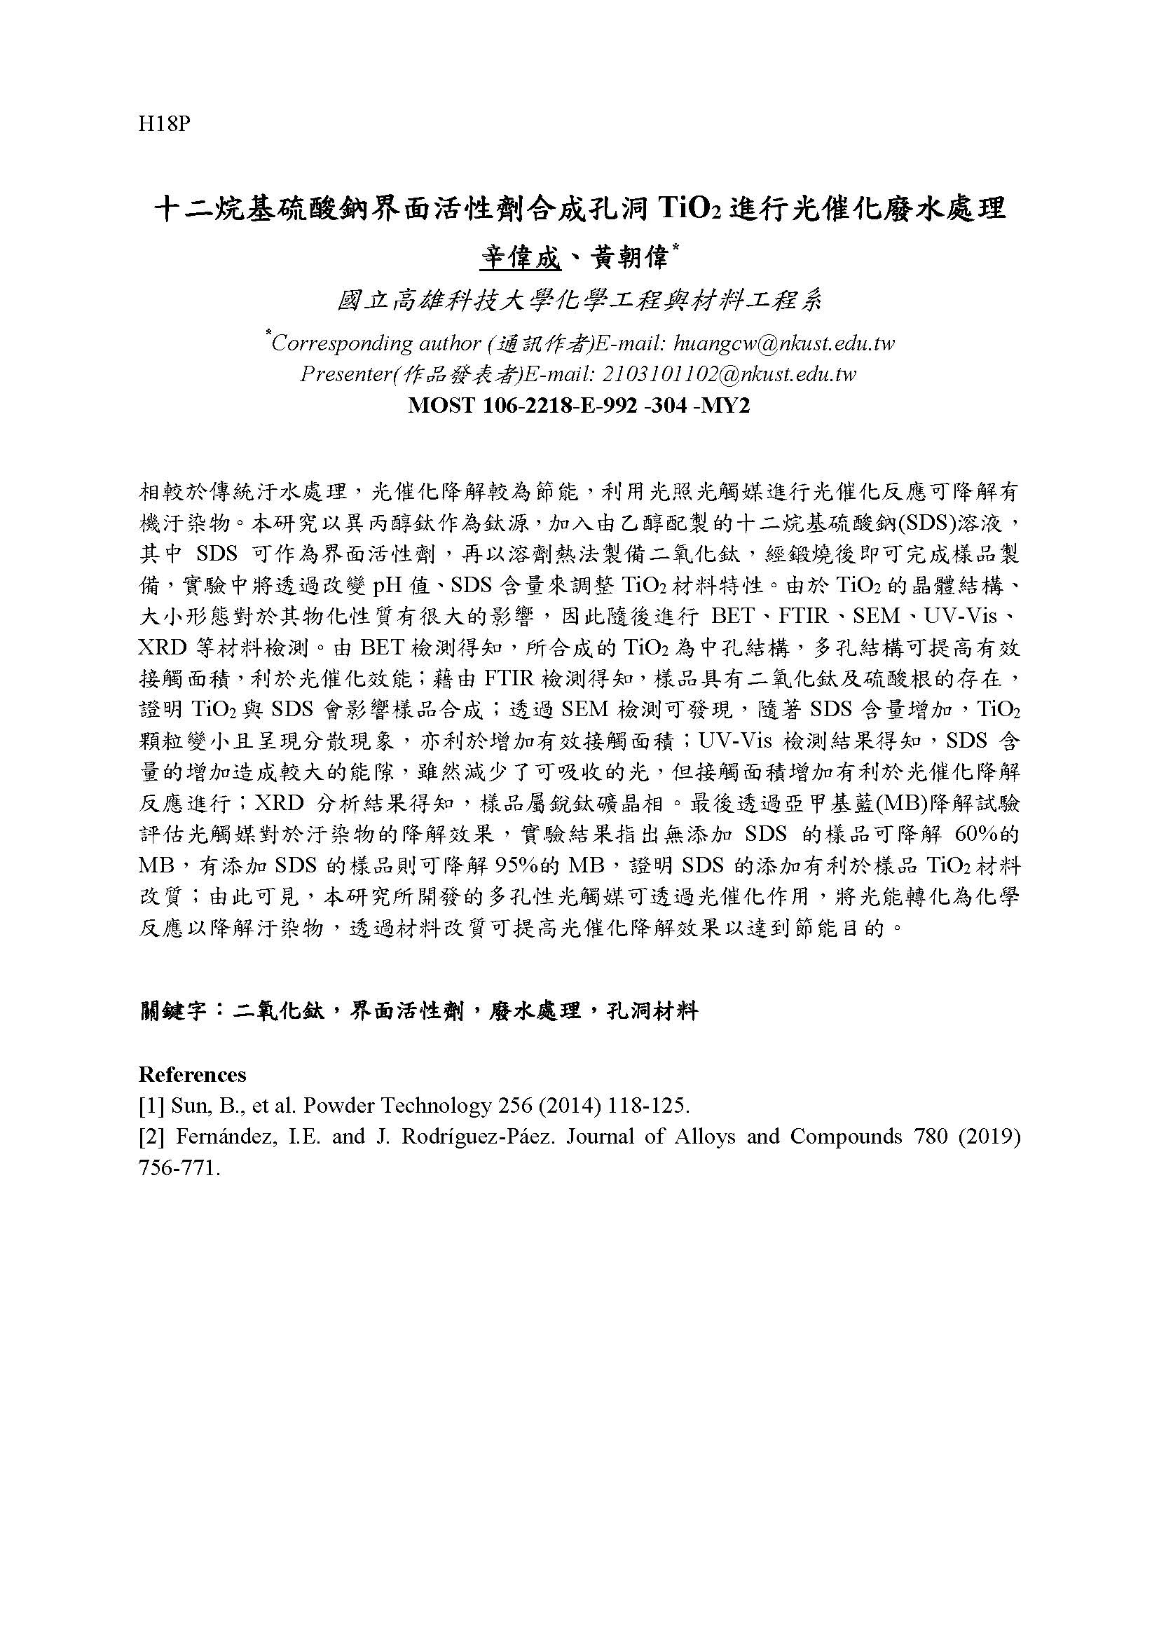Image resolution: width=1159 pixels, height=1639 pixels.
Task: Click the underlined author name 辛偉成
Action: pyautogui.click(x=520, y=258)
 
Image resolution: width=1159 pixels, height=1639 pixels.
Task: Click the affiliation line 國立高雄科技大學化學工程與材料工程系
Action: pyautogui.click(x=579, y=301)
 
